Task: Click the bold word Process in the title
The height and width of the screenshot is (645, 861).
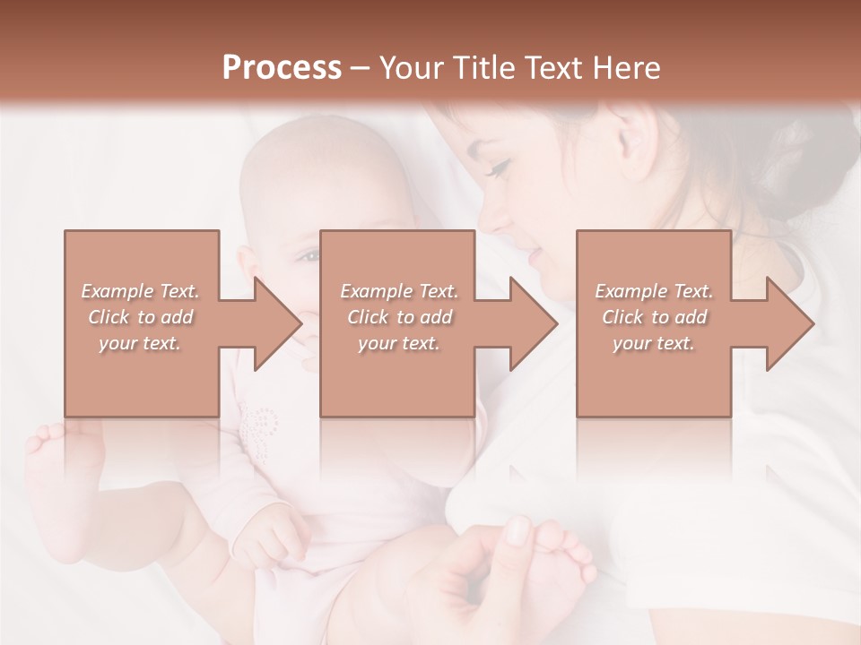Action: pos(282,68)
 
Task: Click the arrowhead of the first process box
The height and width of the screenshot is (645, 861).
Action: pos(274,323)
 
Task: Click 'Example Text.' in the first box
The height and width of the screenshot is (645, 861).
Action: pos(141,291)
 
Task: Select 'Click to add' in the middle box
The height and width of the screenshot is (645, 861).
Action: pos(399,317)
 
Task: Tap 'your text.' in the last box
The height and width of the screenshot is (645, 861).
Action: pos(654,343)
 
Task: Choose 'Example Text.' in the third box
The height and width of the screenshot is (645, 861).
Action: pos(654,291)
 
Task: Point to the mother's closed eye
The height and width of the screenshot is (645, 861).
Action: pos(499,168)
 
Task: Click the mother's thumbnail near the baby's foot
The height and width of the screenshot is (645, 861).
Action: pos(519,530)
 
